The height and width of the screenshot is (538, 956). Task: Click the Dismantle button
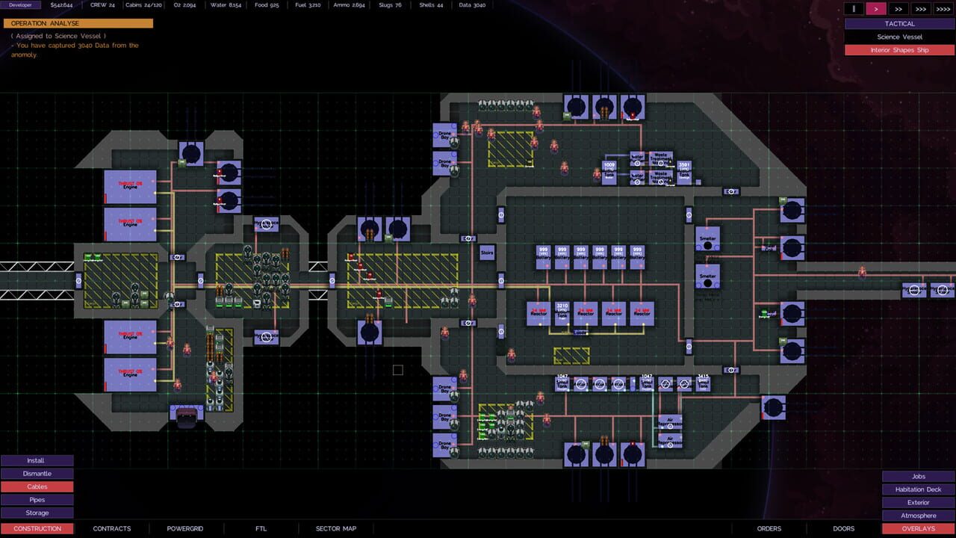tap(37, 474)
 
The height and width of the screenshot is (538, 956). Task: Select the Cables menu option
tap(37, 487)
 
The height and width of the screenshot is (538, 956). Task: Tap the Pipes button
tap(37, 500)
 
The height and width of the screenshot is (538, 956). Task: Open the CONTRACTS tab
tap(112, 529)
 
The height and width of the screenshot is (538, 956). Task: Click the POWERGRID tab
tap(185, 529)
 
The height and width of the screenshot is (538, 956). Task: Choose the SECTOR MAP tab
tap(336, 529)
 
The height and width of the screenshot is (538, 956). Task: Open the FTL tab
tap(261, 529)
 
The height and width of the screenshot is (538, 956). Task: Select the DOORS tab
tap(843, 529)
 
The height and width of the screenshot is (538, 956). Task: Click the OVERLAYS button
tap(918, 529)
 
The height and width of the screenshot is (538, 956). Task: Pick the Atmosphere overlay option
tap(918, 516)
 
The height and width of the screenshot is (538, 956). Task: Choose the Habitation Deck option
tap(918, 489)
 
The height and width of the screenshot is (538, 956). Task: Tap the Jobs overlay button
tap(918, 477)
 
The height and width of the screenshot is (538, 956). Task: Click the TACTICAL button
tap(899, 24)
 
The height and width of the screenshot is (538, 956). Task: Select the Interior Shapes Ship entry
tap(899, 50)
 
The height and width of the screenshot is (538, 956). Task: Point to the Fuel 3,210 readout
tap(308, 5)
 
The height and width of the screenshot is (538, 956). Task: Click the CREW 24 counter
tap(102, 5)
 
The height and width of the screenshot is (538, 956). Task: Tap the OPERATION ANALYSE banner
tap(78, 23)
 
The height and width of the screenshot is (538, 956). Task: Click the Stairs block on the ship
tap(487, 253)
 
